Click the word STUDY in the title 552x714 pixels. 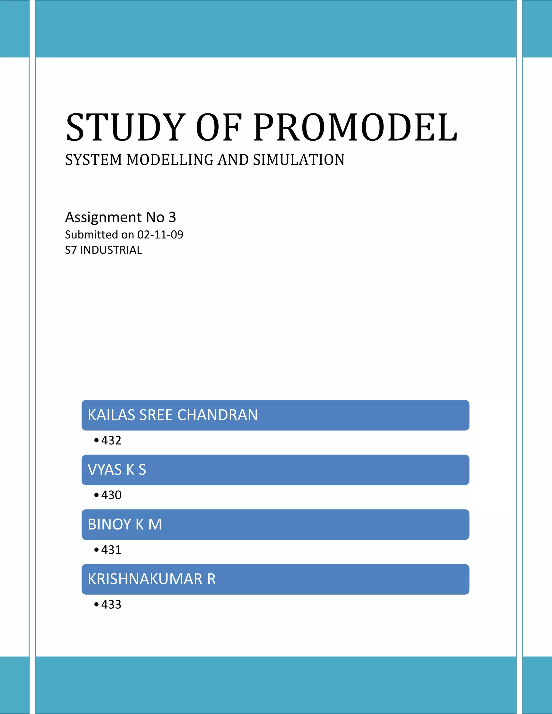click(126, 127)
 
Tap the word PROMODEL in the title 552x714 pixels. click(356, 127)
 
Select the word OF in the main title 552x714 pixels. click(219, 127)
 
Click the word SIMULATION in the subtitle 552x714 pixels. click(299, 160)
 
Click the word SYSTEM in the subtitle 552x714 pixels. click(94, 160)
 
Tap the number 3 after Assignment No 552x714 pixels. click(172, 217)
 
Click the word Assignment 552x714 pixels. click(103, 217)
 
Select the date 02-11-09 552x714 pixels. click(160, 235)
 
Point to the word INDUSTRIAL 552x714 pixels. click(111, 250)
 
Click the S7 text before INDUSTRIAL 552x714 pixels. click(71, 250)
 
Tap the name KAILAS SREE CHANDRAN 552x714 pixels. click(173, 415)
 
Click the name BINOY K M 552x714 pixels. click(125, 524)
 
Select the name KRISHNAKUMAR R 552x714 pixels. click(152, 579)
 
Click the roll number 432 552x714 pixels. click(111, 440)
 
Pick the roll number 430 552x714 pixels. click(111, 495)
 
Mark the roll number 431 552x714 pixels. click(111, 550)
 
